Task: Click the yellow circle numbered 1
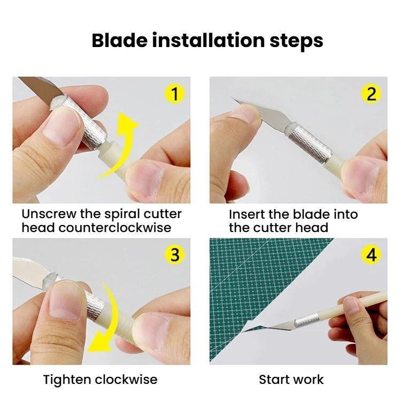tap(174, 94)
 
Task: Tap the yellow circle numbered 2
tap(371, 94)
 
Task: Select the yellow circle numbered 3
tap(174, 255)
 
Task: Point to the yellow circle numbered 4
tap(371, 255)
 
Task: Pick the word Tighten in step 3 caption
tap(67, 380)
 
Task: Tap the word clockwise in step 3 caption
tap(128, 380)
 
